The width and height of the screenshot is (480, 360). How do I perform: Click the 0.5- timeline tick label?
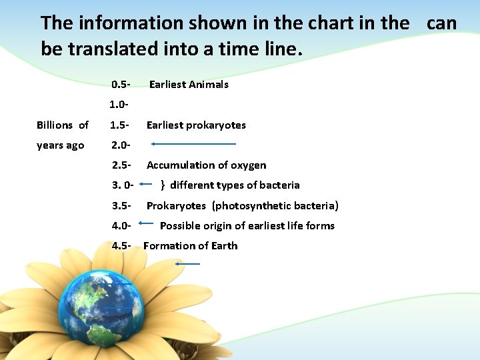point(121,85)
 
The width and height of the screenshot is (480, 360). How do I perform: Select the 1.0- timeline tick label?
point(119,105)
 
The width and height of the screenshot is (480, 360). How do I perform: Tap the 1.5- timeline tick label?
point(121,125)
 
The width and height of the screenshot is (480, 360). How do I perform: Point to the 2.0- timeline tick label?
point(121,145)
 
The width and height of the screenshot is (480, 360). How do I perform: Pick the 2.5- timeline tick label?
point(121,165)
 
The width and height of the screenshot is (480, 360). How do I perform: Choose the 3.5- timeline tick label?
point(121,206)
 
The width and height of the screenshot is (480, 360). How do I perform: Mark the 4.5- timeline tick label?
point(121,246)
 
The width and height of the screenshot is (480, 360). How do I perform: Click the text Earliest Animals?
point(189,85)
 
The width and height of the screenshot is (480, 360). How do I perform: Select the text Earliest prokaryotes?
point(196,125)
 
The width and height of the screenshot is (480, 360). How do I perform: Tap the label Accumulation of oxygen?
point(206,165)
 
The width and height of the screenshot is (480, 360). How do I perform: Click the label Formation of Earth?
point(190,246)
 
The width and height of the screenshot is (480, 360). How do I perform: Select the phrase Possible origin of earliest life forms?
point(247,226)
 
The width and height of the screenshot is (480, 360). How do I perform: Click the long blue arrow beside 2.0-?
point(193,143)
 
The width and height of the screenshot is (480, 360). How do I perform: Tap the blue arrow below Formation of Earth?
point(187,264)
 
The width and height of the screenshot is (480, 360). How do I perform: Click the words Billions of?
point(63,125)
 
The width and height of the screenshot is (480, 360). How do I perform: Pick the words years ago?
point(61,145)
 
